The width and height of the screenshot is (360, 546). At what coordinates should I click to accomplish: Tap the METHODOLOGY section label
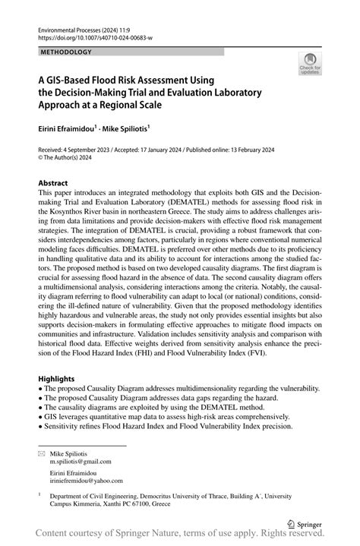click(67, 52)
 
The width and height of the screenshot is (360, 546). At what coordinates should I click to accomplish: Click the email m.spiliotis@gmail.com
click(81, 461)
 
